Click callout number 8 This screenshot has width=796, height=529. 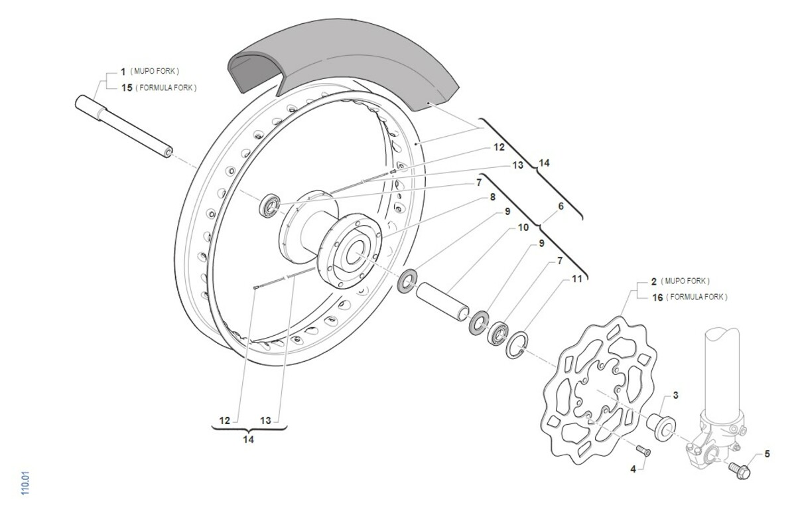(x=492, y=197)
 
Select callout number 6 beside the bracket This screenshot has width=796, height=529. (x=561, y=206)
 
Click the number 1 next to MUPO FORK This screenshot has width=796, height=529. (x=123, y=70)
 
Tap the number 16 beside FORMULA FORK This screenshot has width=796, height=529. (x=657, y=297)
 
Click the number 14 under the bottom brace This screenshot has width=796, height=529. (x=248, y=439)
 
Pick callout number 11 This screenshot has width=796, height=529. (x=577, y=279)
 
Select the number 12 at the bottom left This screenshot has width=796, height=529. (x=225, y=420)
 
